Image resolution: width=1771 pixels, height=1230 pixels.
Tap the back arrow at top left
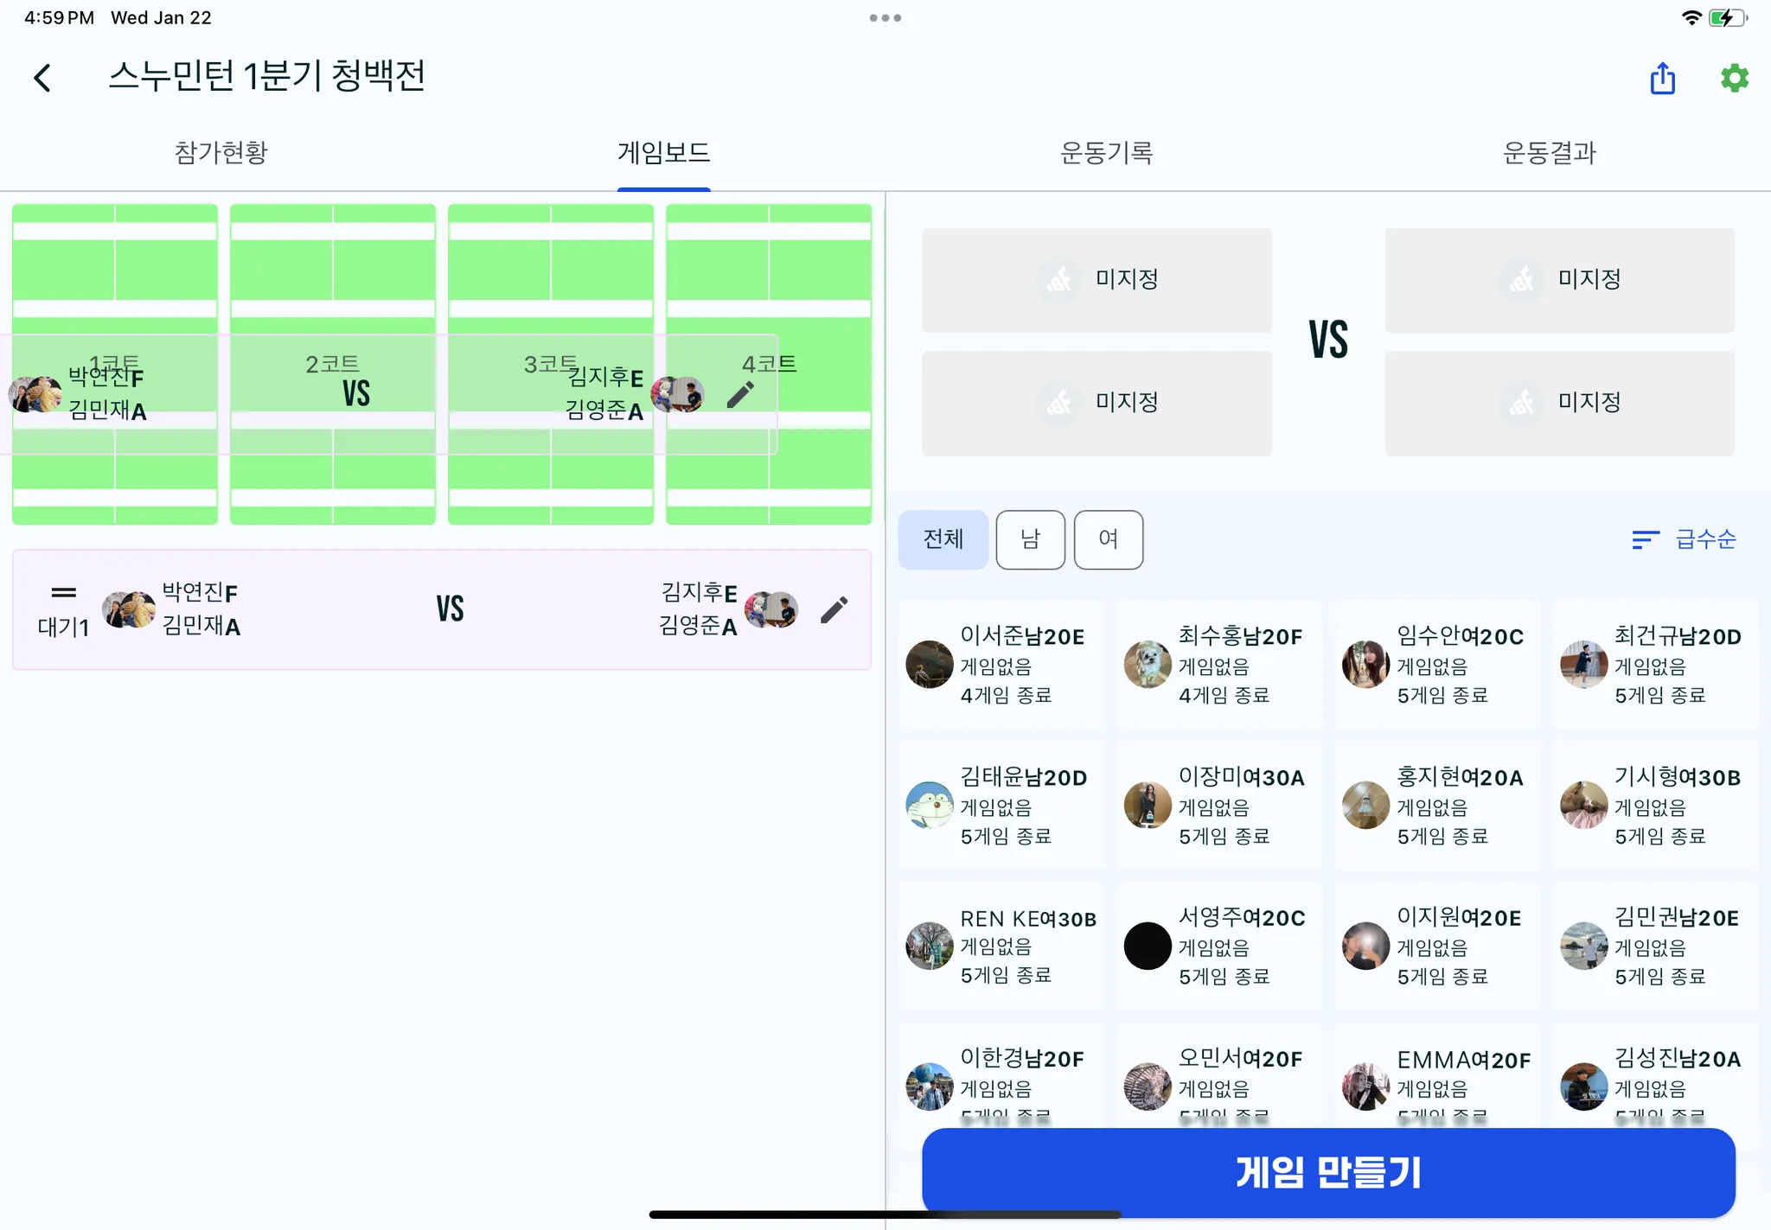pyautogui.click(x=42, y=78)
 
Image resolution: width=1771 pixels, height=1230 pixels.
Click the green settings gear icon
pyautogui.click(x=1734, y=78)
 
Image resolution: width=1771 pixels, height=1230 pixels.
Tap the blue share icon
pyautogui.click(x=1662, y=78)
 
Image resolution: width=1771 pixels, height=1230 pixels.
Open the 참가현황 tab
pyautogui.click(x=221, y=153)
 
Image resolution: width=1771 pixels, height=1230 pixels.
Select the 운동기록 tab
pyautogui.click(x=1106, y=153)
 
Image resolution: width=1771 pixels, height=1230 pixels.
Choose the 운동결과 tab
pyautogui.click(x=1549, y=153)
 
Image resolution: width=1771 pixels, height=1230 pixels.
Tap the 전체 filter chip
pyautogui.click(x=943, y=539)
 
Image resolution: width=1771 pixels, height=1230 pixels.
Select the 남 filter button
pyautogui.click(x=1030, y=539)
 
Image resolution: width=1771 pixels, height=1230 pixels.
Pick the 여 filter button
pyautogui.click(x=1108, y=539)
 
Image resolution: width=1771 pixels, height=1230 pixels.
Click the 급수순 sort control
pyautogui.click(x=1684, y=539)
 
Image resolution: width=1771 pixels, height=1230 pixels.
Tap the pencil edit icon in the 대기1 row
pyautogui.click(x=834, y=609)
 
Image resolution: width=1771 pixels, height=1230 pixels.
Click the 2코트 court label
pyautogui.click(x=332, y=364)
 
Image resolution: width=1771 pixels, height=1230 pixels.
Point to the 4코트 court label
pyautogui.click(x=769, y=364)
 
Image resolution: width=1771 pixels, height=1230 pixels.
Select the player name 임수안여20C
pyautogui.click(x=1460, y=636)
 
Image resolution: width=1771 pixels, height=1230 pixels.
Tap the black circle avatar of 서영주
pyautogui.click(x=1148, y=946)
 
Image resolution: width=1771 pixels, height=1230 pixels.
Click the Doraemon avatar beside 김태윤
pyautogui.click(x=930, y=805)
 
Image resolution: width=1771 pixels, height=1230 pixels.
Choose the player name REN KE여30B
pyautogui.click(x=1027, y=918)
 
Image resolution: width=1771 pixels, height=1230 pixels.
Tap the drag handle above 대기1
pyautogui.click(x=64, y=593)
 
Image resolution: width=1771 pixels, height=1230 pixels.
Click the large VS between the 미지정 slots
pyautogui.click(x=1327, y=340)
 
